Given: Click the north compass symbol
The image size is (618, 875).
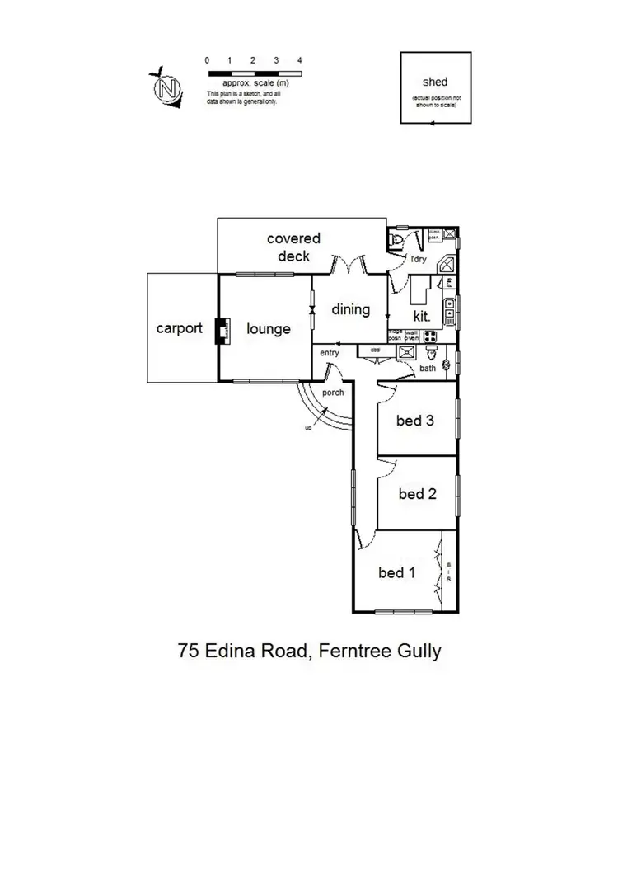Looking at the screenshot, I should tap(169, 87).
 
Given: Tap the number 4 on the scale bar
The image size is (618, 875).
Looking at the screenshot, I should tap(300, 60).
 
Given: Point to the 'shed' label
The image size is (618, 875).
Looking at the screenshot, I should tap(435, 82).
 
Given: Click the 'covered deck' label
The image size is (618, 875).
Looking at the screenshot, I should tap(293, 247).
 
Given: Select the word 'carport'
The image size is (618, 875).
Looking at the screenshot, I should tap(180, 328).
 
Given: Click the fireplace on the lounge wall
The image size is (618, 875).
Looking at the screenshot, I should tap(221, 330).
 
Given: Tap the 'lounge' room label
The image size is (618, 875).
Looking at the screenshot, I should tap(269, 329).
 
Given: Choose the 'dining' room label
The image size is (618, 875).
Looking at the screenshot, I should tap(350, 310).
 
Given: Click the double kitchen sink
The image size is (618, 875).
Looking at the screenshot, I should tap(450, 309).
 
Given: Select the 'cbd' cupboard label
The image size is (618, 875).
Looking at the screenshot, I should tap(375, 349).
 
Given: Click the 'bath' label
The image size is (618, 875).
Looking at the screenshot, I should tap(427, 368).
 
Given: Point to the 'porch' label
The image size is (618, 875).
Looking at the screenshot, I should tap(333, 393).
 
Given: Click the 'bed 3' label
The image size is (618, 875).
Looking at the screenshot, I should tap(415, 421).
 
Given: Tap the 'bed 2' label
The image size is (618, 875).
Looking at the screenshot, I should tap(417, 494).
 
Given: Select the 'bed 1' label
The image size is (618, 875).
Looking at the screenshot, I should tap(396, 572).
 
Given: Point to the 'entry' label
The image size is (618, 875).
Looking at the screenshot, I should tap(330, 353).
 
